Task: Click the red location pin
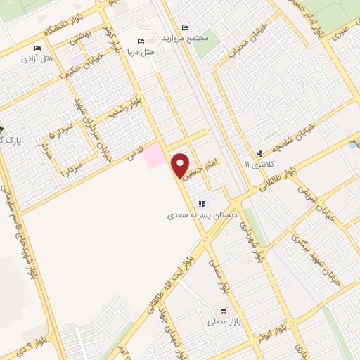pos(181,165)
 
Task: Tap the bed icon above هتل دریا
pos(142,41)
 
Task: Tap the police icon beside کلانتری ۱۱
pos(260,153)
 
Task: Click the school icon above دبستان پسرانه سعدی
pos(202,204)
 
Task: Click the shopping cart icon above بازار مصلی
pos(224,310)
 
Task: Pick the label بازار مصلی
pos(224,321)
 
